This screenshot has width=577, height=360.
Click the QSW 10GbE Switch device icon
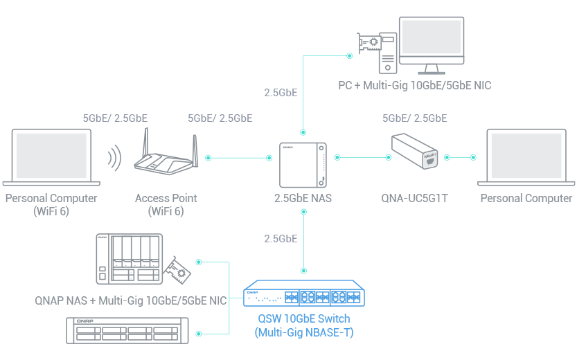(x=304, y=296)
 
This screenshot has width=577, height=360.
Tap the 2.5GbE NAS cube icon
(x=303, y=165)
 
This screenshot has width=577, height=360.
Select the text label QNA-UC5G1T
(x=415, y=199)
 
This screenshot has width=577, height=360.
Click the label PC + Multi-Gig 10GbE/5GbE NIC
(x=414, y=86)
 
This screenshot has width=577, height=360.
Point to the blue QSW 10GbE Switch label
(x=303, y=325)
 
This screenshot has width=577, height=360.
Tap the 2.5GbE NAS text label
(x=303, y=199)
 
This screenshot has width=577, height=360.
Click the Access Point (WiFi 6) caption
(x=166, y=204)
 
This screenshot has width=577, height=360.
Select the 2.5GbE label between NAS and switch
(x=281, y=239)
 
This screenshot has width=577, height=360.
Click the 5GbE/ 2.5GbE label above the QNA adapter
(x=414, y=118)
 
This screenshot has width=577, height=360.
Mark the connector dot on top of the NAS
(x=303, y=131)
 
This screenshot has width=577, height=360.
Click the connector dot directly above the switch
(x=303, y=269)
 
